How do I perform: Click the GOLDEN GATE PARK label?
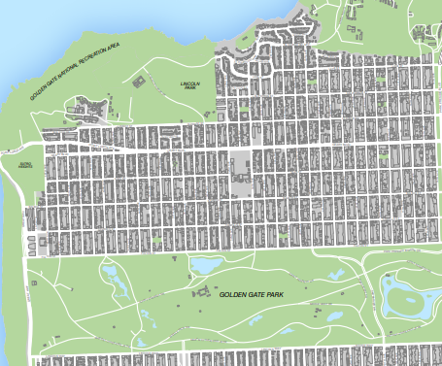(251, 294)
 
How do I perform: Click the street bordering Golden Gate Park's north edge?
(194, 254)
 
